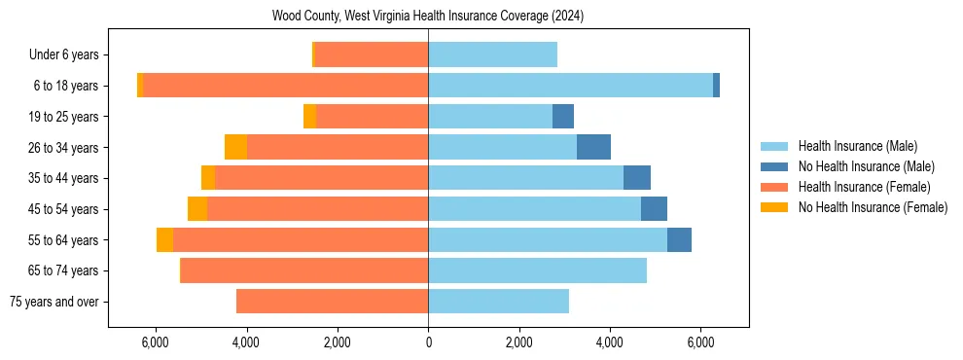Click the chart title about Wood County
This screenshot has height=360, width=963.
tap(428, 17)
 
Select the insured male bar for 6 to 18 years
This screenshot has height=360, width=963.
tap(570, 86)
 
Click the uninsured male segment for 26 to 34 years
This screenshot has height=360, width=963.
tap(593, 147)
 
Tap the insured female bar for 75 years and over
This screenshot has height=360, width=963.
tap(332, 302)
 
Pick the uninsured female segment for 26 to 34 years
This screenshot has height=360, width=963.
tap(235, 147)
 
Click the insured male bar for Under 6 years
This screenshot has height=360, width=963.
tap(492, 54)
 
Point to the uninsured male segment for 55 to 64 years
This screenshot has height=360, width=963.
tap(679, 239)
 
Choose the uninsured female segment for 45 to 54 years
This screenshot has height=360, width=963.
tap(197, 209)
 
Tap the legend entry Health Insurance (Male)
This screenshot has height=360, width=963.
tap(857, 146)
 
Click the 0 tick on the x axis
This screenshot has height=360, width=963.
tap(428, 342)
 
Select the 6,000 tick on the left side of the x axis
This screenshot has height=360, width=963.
tap(156, 342)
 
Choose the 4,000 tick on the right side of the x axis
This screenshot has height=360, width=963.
tap(610, 342)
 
